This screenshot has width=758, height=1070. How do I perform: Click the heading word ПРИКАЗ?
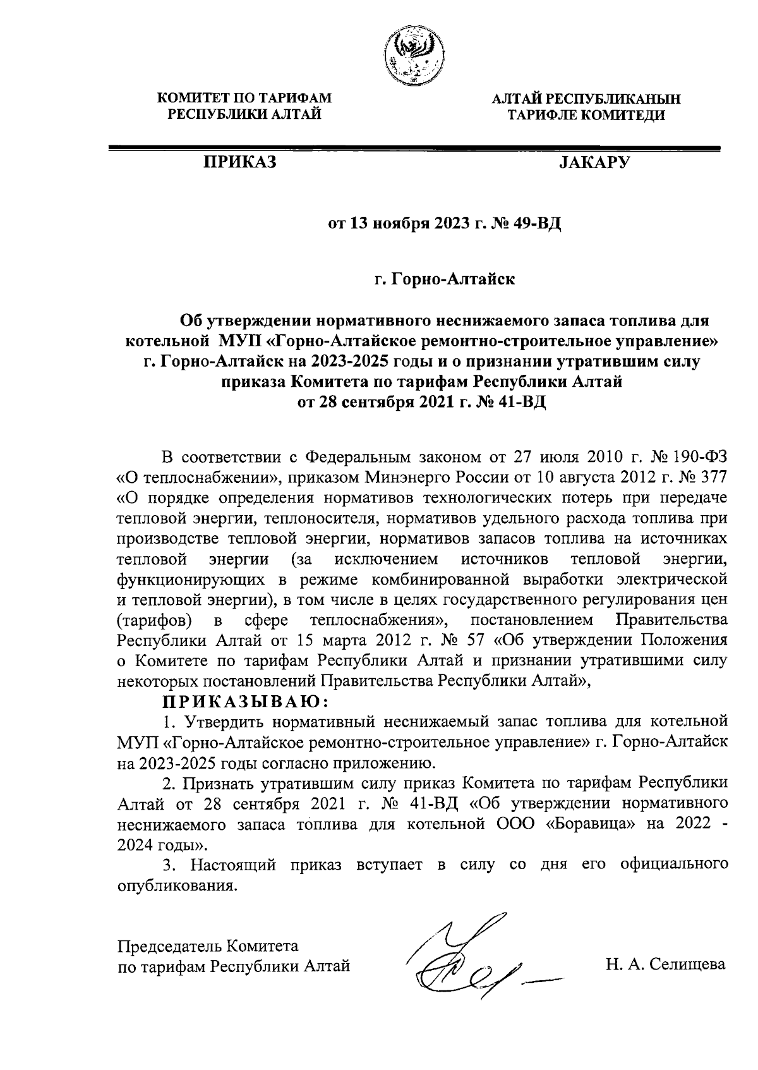click(x=239, y=163)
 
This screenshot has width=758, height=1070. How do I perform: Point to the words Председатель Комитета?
click(x=208, y=946)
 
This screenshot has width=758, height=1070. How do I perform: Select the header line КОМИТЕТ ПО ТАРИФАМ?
click(x=244, y=99)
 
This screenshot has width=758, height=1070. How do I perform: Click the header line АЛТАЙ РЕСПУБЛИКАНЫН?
click(x=587, y=99)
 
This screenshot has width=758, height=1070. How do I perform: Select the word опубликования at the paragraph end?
click(x=178, y=885)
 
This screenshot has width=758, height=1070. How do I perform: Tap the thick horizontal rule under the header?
click(x=414, y=148)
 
